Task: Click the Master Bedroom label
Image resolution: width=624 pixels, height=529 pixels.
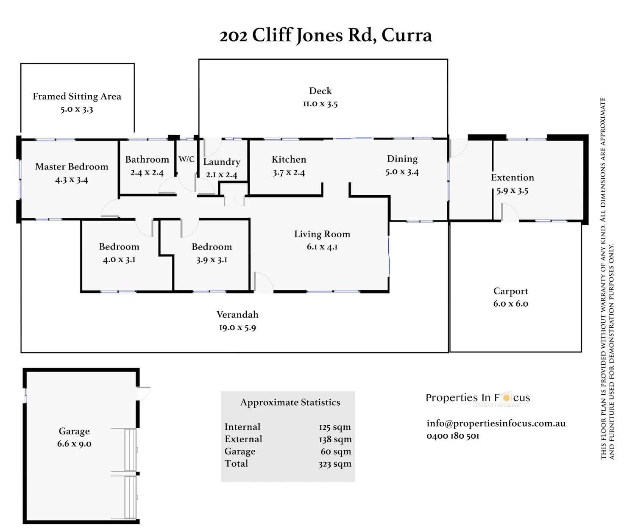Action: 72,167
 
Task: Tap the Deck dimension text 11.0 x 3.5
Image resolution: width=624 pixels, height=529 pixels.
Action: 320,104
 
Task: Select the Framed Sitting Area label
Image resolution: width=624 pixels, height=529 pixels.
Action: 77,97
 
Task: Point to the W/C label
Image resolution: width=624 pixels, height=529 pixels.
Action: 187,159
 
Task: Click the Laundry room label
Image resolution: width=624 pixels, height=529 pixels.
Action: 221,162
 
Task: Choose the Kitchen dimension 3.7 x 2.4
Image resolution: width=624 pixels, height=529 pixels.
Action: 289,172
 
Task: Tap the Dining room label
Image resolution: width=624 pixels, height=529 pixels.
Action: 402,159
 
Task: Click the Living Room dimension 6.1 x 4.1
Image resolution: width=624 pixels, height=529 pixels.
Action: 322,246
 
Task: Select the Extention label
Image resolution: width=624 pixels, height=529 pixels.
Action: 512,177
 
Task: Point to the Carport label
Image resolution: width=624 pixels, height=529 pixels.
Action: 510,291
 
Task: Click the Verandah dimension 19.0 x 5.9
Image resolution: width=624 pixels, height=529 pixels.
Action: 237,327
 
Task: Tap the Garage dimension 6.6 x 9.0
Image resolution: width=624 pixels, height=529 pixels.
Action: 74,444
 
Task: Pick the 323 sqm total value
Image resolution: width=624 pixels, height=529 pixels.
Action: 335,464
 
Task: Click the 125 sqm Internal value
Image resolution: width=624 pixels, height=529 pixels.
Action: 335,427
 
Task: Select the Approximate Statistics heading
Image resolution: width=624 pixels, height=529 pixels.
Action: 290,402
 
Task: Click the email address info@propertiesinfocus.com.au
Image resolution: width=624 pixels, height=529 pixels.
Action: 496,423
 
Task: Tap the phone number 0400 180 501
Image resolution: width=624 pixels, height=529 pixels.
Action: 453,436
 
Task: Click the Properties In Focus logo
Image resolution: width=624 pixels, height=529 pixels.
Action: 478,398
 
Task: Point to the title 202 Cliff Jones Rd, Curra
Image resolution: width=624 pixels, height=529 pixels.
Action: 326,35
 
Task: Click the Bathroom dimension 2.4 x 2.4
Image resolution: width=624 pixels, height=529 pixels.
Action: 147,172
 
